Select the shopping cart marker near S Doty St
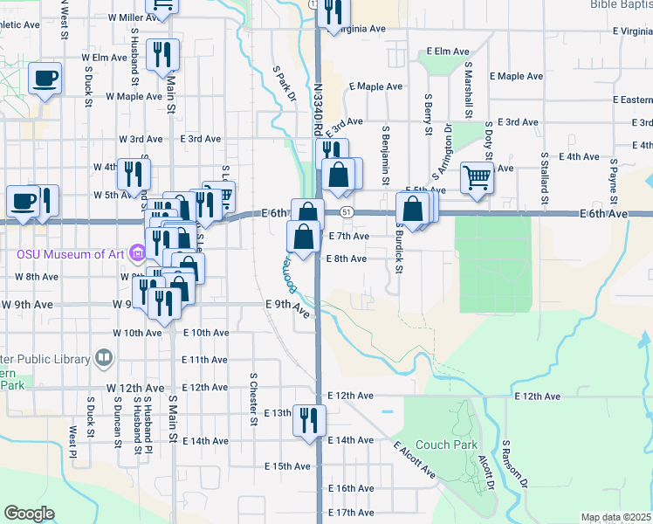pos(478,177)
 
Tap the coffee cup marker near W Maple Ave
pos(45,79)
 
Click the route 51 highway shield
pos(347,212)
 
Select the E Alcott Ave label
pos(415,460)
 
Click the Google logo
pos(29,514)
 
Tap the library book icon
pos(104,359)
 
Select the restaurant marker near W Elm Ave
pos(162,57)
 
